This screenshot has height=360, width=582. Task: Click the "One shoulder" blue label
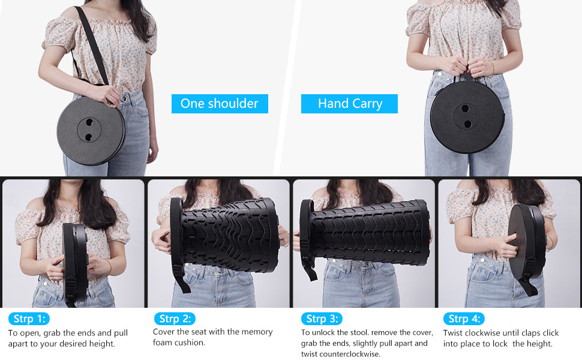pos(220,103)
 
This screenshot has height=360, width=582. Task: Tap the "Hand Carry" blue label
pos(350,103)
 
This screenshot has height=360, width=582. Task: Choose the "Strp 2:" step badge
pos(175,319)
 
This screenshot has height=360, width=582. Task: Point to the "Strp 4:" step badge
pos(464,319)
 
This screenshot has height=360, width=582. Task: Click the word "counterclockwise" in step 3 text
pos(352,354)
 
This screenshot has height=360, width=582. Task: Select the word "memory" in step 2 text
pos(257,331)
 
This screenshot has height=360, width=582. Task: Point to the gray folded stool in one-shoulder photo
pos(91,131)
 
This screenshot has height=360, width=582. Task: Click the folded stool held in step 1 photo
pos(76,261)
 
